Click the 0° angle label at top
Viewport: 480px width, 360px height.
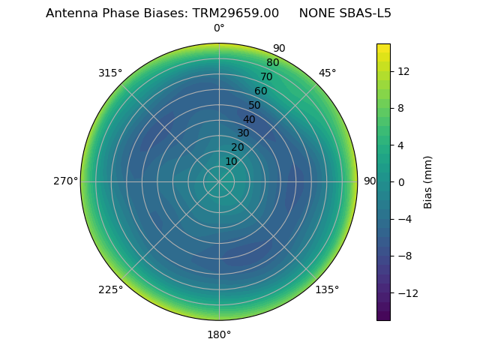219,28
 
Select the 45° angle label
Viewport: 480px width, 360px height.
327,73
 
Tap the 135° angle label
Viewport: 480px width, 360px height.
327,289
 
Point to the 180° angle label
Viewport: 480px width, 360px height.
219,334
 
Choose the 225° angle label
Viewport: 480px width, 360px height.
110,289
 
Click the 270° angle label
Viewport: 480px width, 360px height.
65,181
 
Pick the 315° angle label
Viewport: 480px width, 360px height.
110,73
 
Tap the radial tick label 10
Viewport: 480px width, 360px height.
231,161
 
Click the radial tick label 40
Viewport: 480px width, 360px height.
249,119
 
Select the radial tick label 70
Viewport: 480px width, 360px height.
266,76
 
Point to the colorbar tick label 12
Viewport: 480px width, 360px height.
403,71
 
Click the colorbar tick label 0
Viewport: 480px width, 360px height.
400,182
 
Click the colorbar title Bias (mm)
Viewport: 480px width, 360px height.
428,182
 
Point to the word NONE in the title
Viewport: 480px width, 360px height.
315,13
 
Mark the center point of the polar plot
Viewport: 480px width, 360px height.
219,181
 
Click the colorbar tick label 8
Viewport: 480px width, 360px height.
400,108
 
